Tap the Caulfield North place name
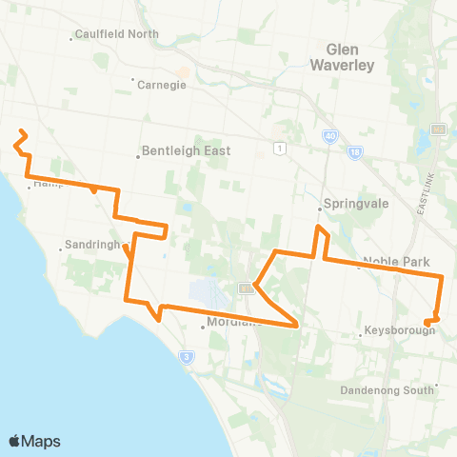pyautogui.click(x=118, y=34)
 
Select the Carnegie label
pyautogui.click(x=162, y=83)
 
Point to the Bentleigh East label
pyautogui.click(x=187, y=150)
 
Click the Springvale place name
pyautogui.click(x=351, y=204)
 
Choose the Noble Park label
pyautogui.click(x=398, y=262)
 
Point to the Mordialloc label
pyautogui.click(x=229, y=323)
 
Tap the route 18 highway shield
pyautogui.click(x=354, y=151)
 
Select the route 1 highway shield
pyautogui.click(x=279, y=148)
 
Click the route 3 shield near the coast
pyautogui.click(x=187, y=356)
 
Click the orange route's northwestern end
pyautogui.click(x=21, y=130)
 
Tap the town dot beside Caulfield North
pyautogui.click(x=73, y=39)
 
